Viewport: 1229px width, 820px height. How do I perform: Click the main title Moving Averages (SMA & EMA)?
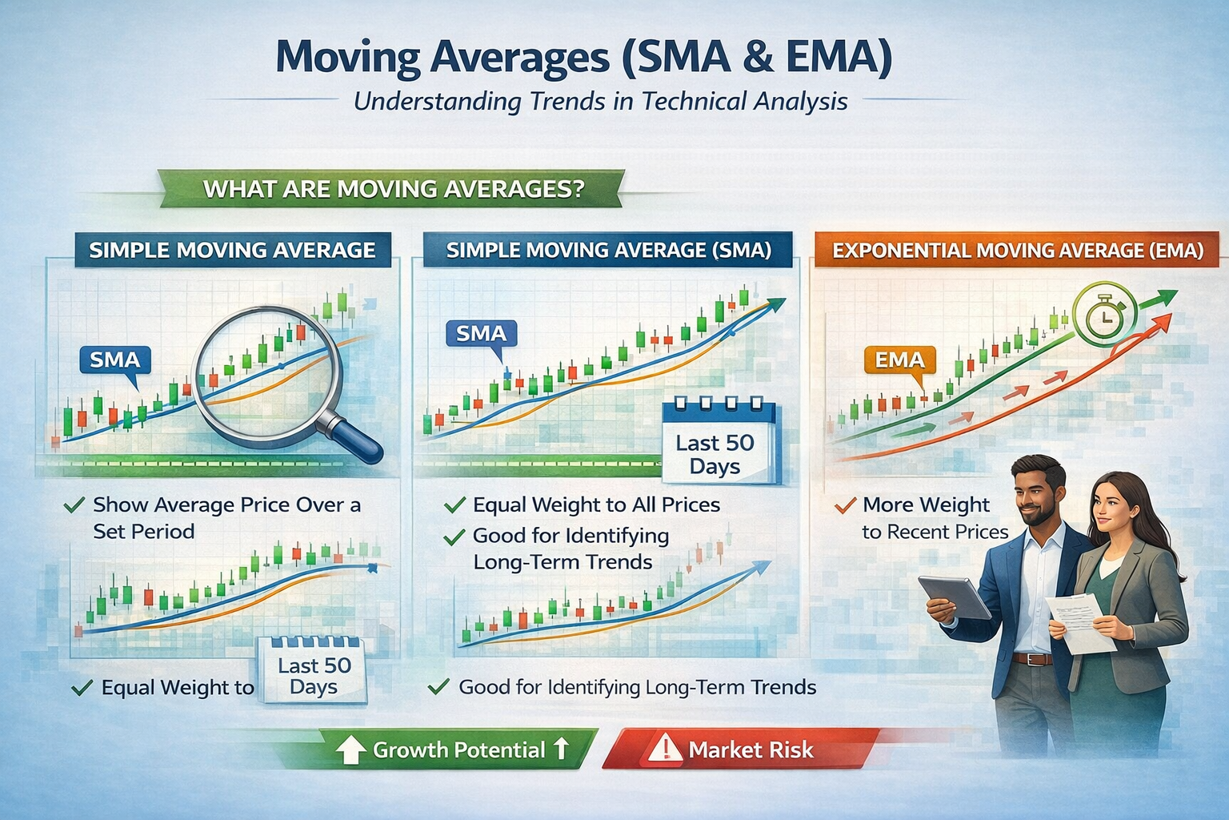tap(583, 58)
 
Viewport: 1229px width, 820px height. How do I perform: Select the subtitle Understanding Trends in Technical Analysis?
tap(600, 102)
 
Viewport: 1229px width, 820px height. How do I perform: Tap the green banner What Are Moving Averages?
tap(393, 189)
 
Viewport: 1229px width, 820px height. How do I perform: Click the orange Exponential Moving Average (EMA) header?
tap(1017, 251)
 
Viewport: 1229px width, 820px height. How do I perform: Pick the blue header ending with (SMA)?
tap(608, 251)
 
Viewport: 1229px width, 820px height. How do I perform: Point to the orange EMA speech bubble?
tap(899, 360)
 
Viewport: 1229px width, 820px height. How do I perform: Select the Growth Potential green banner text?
tap(458, 750)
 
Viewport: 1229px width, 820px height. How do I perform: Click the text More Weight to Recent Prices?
tap(934, 518)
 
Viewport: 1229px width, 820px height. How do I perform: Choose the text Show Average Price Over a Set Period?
tap(226, 517)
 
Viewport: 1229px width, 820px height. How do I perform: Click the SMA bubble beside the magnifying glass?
tap(115, 360)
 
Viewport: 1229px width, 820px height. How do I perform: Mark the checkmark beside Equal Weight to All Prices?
tap(454, 505)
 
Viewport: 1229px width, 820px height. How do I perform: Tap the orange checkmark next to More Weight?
tap(844, 506)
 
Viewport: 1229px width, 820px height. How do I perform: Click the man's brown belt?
tap(1031, 659)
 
